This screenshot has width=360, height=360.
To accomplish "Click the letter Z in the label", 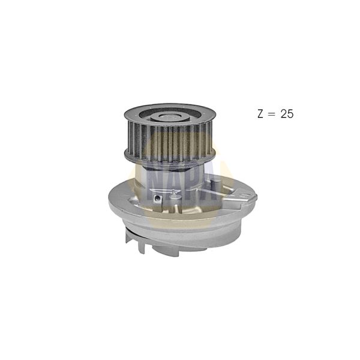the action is point(260,114).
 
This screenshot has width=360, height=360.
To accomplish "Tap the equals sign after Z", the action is point(272,114).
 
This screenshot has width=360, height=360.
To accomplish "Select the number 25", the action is point(287,114).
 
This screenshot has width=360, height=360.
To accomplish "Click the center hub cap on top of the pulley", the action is point(170,117).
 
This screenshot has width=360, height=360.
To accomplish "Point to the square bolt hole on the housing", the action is point(157,199).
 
